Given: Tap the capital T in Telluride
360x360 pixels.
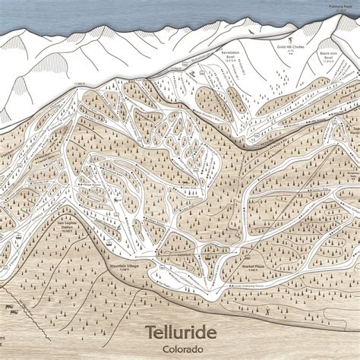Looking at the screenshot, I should (x=150, y=332).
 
